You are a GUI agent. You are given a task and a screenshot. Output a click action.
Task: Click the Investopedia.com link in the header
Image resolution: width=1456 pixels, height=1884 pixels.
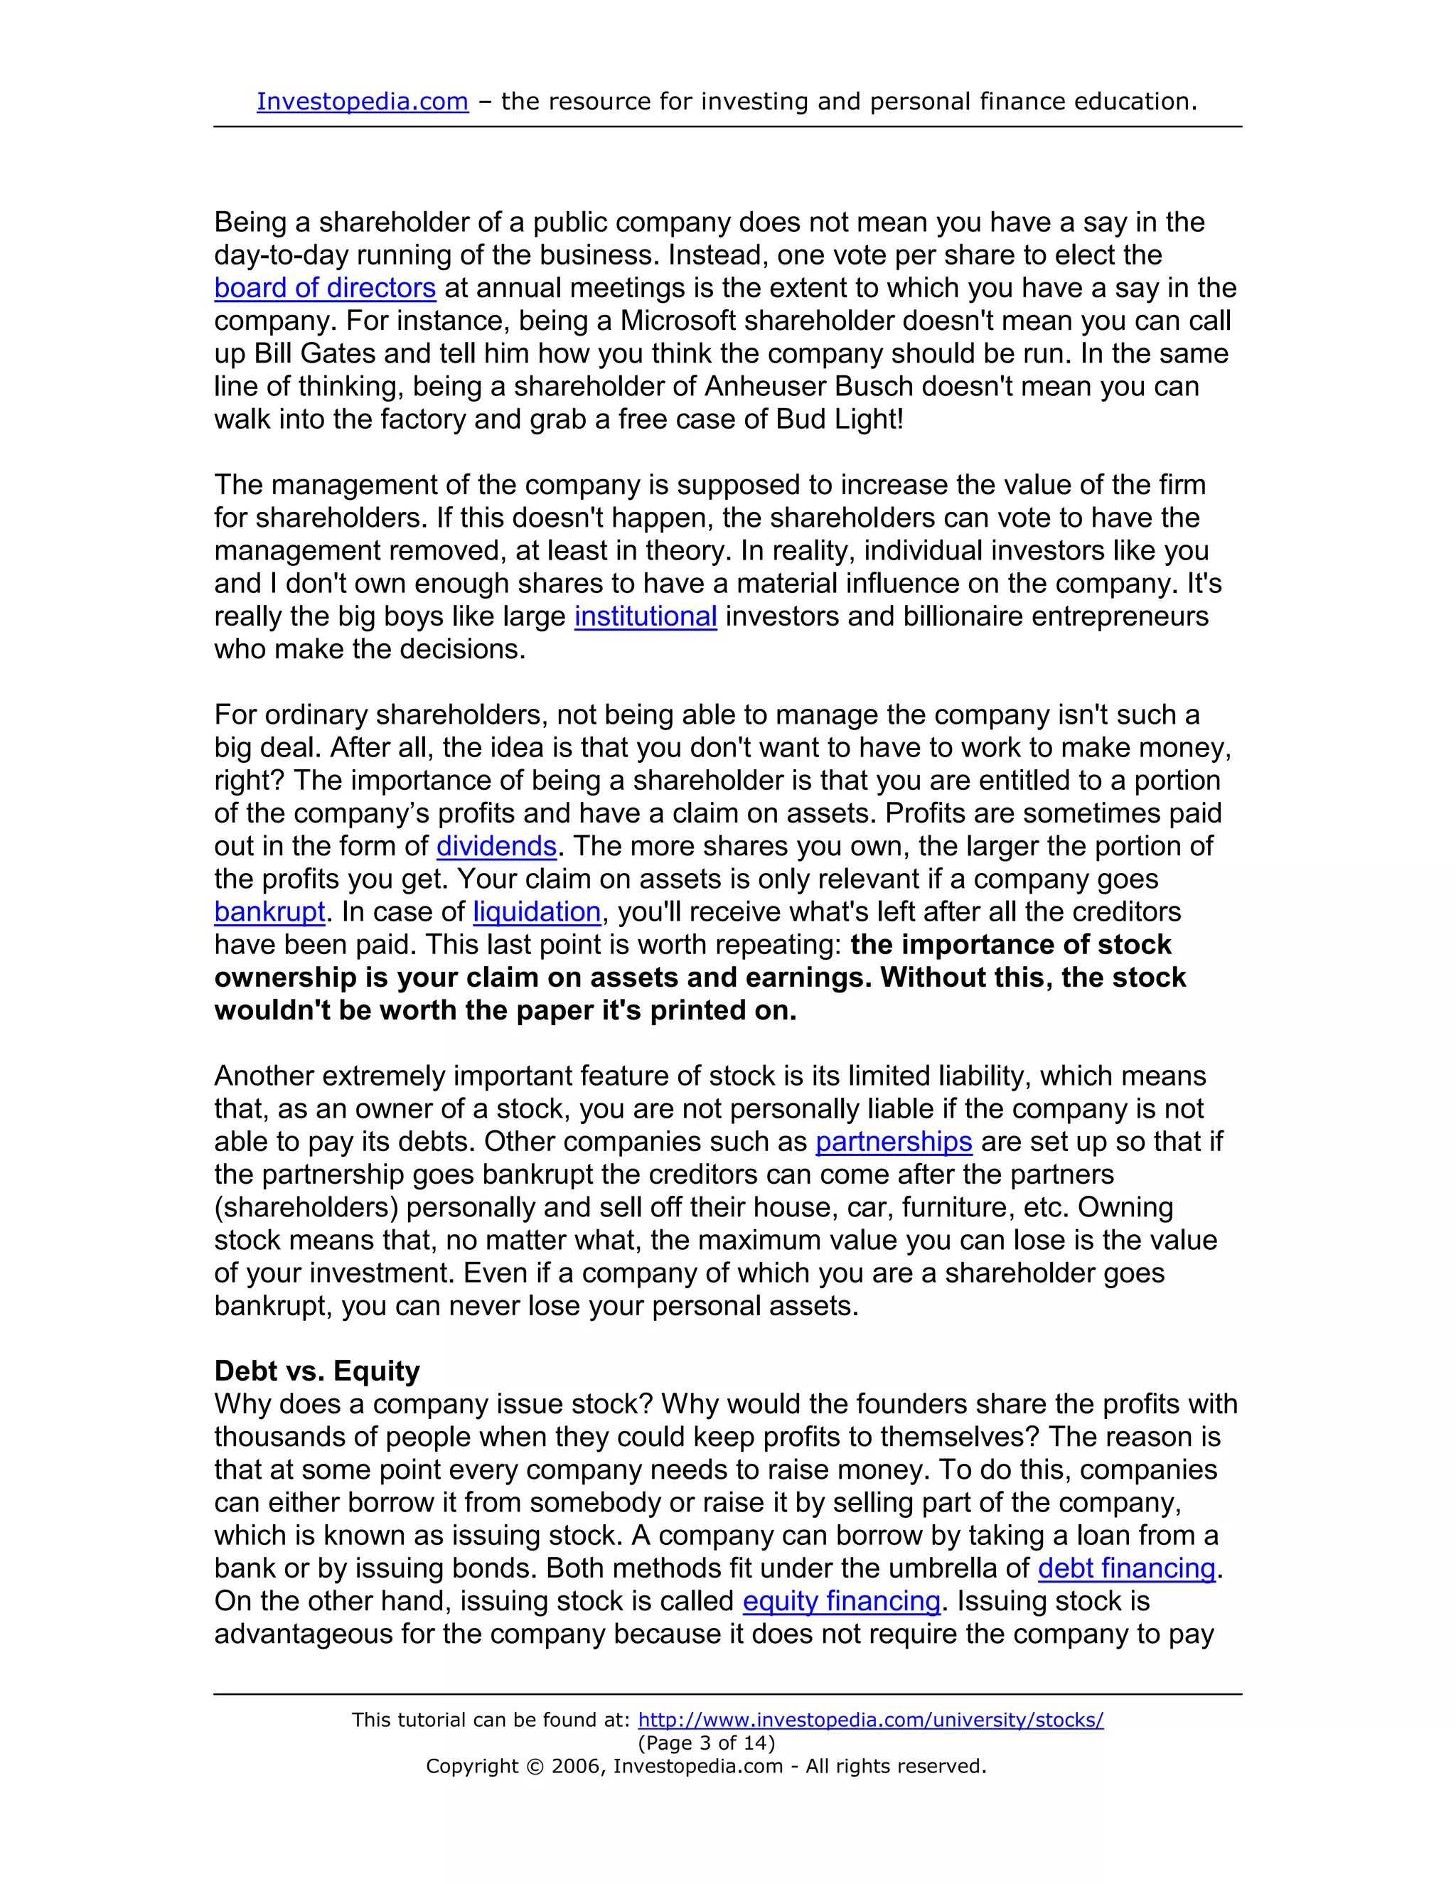click(x=363, y=102)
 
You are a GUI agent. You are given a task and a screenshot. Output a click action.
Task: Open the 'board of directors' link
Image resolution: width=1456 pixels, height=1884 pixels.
click(x=325, y=288)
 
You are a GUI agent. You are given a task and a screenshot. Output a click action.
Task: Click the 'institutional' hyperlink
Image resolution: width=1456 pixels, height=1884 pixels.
click(x=646, y=617)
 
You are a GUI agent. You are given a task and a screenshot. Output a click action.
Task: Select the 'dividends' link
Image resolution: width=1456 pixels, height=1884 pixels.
click(x=496, y=846)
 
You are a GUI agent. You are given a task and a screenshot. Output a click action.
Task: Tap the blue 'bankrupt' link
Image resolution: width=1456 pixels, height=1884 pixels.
click(x=269, y=912)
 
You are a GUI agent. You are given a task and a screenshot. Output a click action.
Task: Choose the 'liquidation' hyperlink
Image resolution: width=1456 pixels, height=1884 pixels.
click(x=537, y=912)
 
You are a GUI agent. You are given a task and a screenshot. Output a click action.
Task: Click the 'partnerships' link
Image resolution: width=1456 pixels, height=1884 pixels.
click(x=894, y=1142)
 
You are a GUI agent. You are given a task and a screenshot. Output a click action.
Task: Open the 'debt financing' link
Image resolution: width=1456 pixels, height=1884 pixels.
click(x=1127, y=1568)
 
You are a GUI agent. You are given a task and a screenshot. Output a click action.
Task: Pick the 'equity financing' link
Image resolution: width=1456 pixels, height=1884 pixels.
click(x=841, y=1601)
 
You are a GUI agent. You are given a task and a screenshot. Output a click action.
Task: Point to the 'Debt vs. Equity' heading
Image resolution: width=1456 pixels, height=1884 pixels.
click(x=316, y=1371)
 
